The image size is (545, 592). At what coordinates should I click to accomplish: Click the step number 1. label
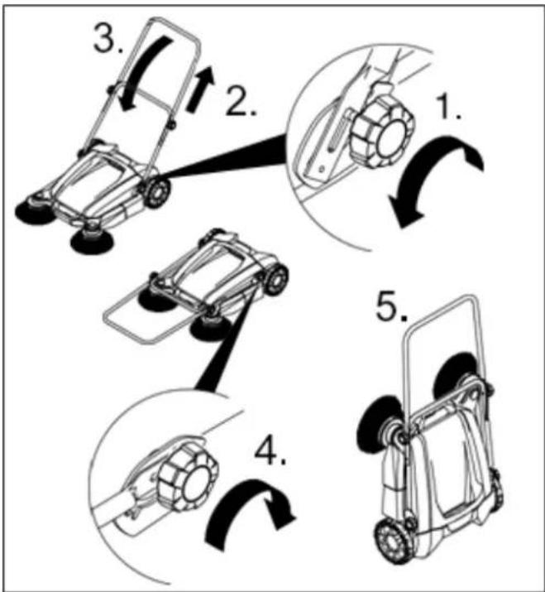[x=448, y=108]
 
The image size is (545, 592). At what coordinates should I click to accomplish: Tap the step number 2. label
[x=241, y=100]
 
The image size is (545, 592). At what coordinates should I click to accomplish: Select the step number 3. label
[x=108, y=39]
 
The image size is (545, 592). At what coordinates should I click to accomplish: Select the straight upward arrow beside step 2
[x=201, y=89]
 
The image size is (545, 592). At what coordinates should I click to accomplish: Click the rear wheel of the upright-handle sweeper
[x=156, y=193]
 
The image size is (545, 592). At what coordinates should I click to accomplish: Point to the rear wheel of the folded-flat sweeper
[x=275, y=280]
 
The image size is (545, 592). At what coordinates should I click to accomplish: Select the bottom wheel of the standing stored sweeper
[x=394, y=541]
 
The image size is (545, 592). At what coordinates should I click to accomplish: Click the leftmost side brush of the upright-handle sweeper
[x=35, y=212]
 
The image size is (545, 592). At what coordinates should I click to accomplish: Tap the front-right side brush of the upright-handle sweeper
[x=92, y=241]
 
